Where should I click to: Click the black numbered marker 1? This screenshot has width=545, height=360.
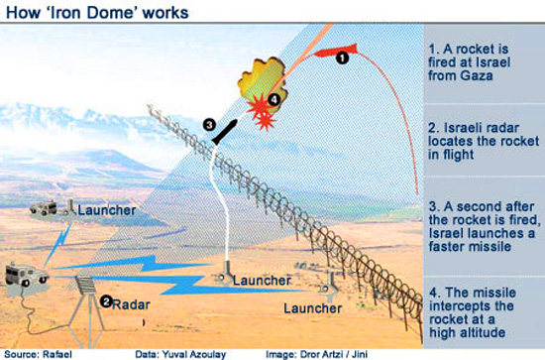coord(342,59)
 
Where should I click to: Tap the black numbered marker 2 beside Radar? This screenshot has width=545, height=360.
coord(106,301)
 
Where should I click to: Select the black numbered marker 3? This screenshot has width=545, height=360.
coord(209,125)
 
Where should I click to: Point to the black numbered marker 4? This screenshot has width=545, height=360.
coord(273,100)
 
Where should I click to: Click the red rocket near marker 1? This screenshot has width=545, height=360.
coord(336,51)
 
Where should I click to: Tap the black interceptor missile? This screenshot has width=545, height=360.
coord(225,132)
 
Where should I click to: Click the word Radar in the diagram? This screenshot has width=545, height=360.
coord(132,304)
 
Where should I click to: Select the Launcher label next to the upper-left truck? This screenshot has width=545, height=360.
coord(107,210)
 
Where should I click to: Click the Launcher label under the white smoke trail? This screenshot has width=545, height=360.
coord(262,281)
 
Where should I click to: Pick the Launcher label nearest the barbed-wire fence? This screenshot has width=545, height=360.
coord(312,308)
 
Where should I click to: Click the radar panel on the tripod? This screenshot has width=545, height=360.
coord(85,286)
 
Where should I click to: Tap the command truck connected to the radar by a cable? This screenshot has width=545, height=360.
coord(27,275)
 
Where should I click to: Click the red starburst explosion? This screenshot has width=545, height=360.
coord(261,112)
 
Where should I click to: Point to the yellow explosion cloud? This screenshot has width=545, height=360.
coord(263,83)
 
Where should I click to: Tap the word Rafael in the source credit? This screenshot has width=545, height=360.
coord(57,354)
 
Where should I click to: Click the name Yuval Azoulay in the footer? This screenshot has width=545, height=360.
coord(194,354)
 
